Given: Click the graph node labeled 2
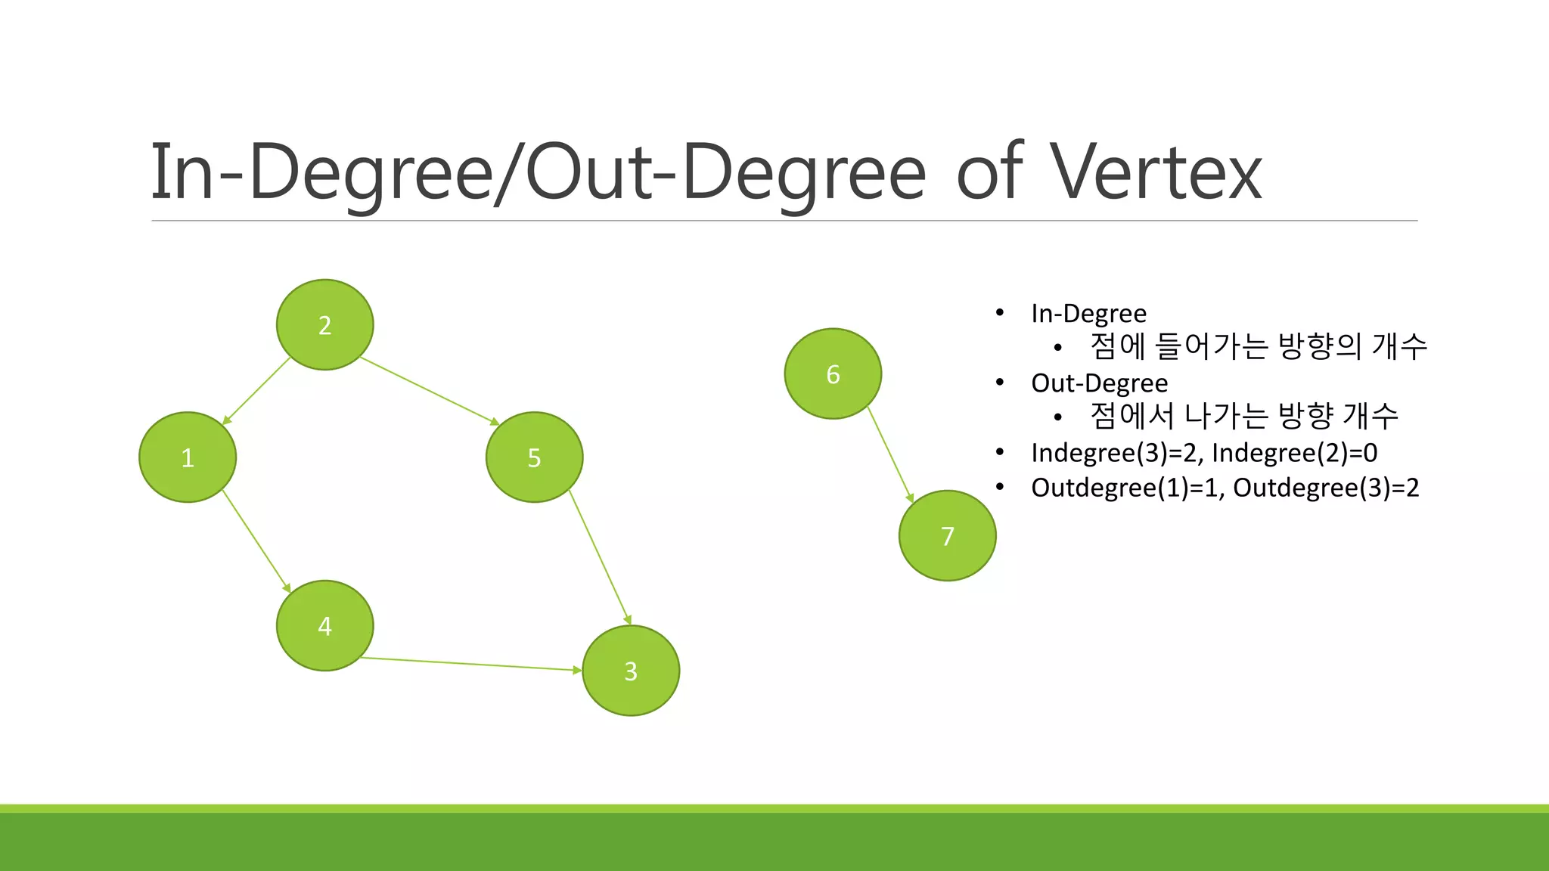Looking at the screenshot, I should coord(324,324).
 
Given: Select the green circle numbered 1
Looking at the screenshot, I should coord(188,457).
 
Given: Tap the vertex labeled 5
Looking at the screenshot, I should coord(534,457).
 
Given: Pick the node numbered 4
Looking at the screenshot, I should coord(324,625).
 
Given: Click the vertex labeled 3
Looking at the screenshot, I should coord(631,671).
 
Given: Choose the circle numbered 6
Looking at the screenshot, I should coord(833,374).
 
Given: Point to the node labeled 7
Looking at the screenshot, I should coord(947,535).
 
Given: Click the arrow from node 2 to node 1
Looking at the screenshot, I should coord(256,391).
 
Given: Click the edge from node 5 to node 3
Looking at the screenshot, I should coord(600,557).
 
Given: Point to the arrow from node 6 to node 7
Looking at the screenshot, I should coord(890,454).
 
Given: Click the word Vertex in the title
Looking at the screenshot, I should coord(1155,172).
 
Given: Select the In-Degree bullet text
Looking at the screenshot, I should coord(1088,313).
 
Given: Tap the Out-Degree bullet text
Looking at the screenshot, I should coord(1099,383).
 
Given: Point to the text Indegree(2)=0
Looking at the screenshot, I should coord(1294,452).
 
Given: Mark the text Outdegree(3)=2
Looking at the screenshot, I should coord(1326,487).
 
